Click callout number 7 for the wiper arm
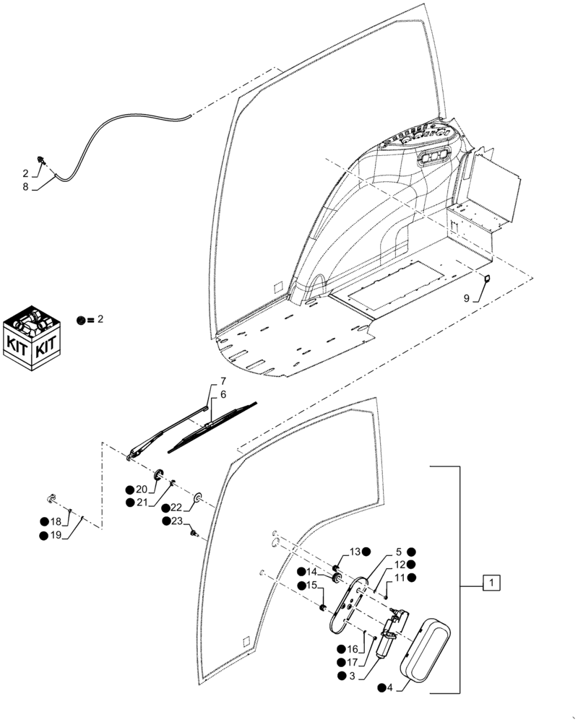pos(223,380)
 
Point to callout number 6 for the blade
pos(223,395)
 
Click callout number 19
pos(56,535)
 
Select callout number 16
pos(353,649)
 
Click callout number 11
pos(399,578)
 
